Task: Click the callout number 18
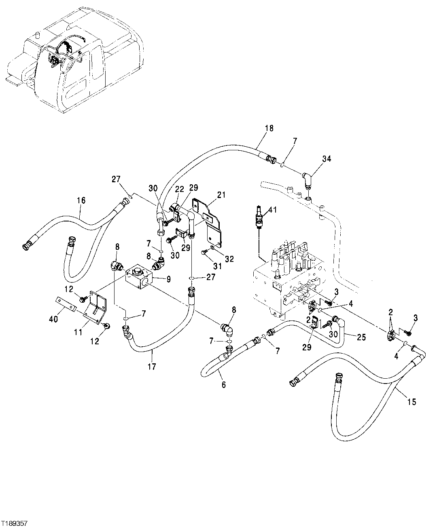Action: (269, 128)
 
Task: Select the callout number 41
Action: (273, 209)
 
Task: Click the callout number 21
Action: (221, 195)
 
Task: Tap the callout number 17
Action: (152, 367)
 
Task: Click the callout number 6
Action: (224, 385)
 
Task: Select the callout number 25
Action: (361, 337)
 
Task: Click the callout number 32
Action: (229, 259)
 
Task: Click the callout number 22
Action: (180, 189)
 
